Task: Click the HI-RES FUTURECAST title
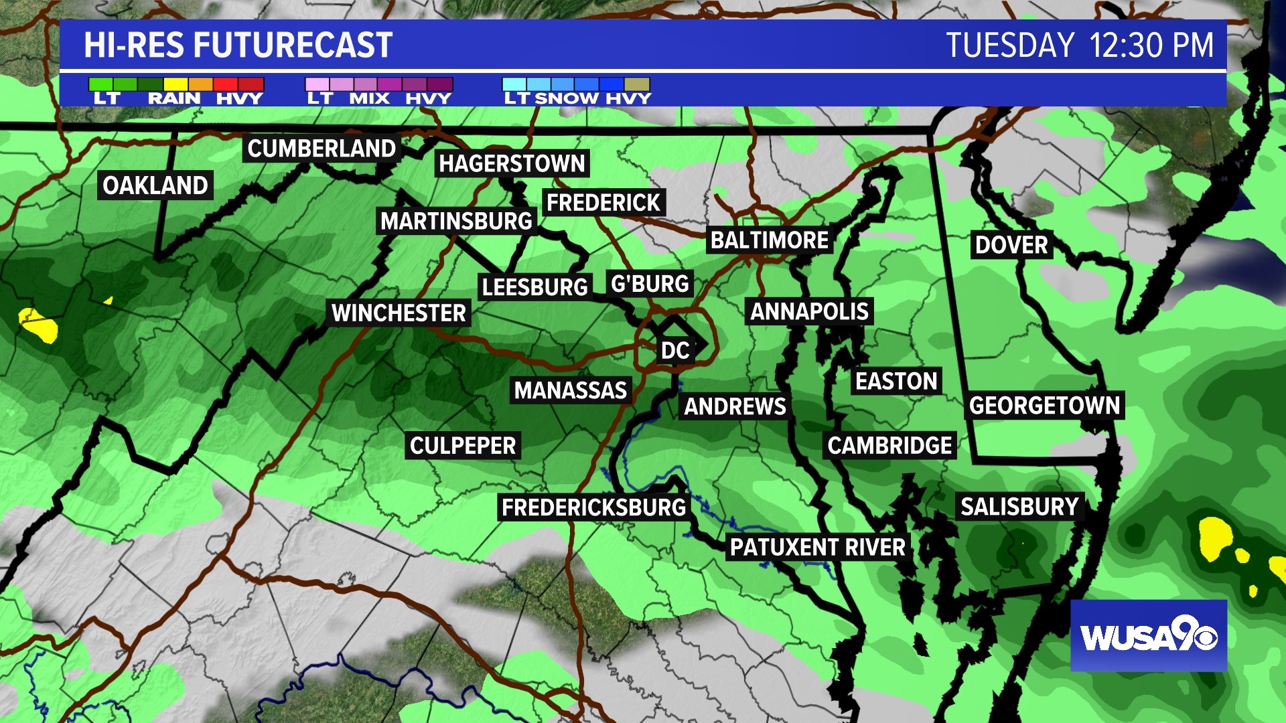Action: point(238,46)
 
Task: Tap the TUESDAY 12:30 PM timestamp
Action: point(1079,46)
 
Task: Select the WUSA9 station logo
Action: point(1148,636)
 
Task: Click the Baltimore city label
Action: point(770,240)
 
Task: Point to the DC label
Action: point(674,350)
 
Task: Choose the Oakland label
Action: point(155,185)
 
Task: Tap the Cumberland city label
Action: point(321,149)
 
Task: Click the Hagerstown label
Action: point(512,163)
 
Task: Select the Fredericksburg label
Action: point(593,507)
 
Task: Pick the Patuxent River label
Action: point(817,548)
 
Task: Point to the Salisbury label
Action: point(1019,507)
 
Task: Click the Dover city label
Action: point(1011,245)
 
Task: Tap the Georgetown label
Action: point(1044,406)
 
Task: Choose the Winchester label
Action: point(399,313)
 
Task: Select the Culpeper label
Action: point(463,446)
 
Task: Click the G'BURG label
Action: point(650,284)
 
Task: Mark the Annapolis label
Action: point(809,311)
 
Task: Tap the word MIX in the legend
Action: point(369,98)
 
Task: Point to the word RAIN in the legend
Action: point(174,98)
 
